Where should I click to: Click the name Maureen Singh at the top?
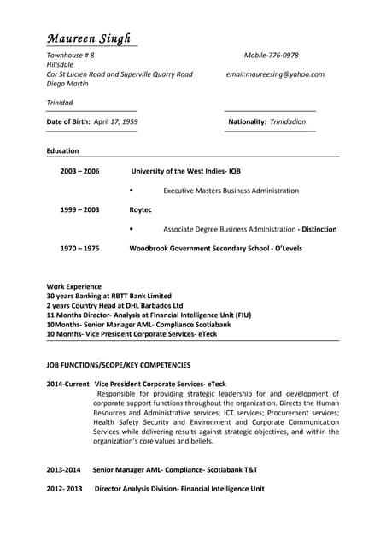(x=89, y=38)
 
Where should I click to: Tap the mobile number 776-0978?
(x=283, y=54)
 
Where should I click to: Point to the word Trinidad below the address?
(x=60, y=103)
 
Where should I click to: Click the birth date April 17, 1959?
(x=115, y=122)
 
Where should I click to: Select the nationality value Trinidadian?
(x=288, y=122)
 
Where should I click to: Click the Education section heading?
(x=62, y=151)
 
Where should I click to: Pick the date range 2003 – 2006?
(x=79, y=171)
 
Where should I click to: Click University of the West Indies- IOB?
(x=185, y=171)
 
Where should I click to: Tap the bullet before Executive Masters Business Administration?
(x=131, y=191)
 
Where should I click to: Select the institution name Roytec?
(x=140, y=209)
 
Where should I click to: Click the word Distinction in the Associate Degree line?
(x=319, y=229)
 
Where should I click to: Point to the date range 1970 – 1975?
(x=79, y=249)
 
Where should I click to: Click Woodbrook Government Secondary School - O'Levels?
(x=215, y=249)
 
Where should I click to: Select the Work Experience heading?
(x=73, y=286)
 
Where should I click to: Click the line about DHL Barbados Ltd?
(x=114, y=305)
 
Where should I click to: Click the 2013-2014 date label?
(x=63, y=470)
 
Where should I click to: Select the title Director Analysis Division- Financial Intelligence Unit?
(x=179, y=489)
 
